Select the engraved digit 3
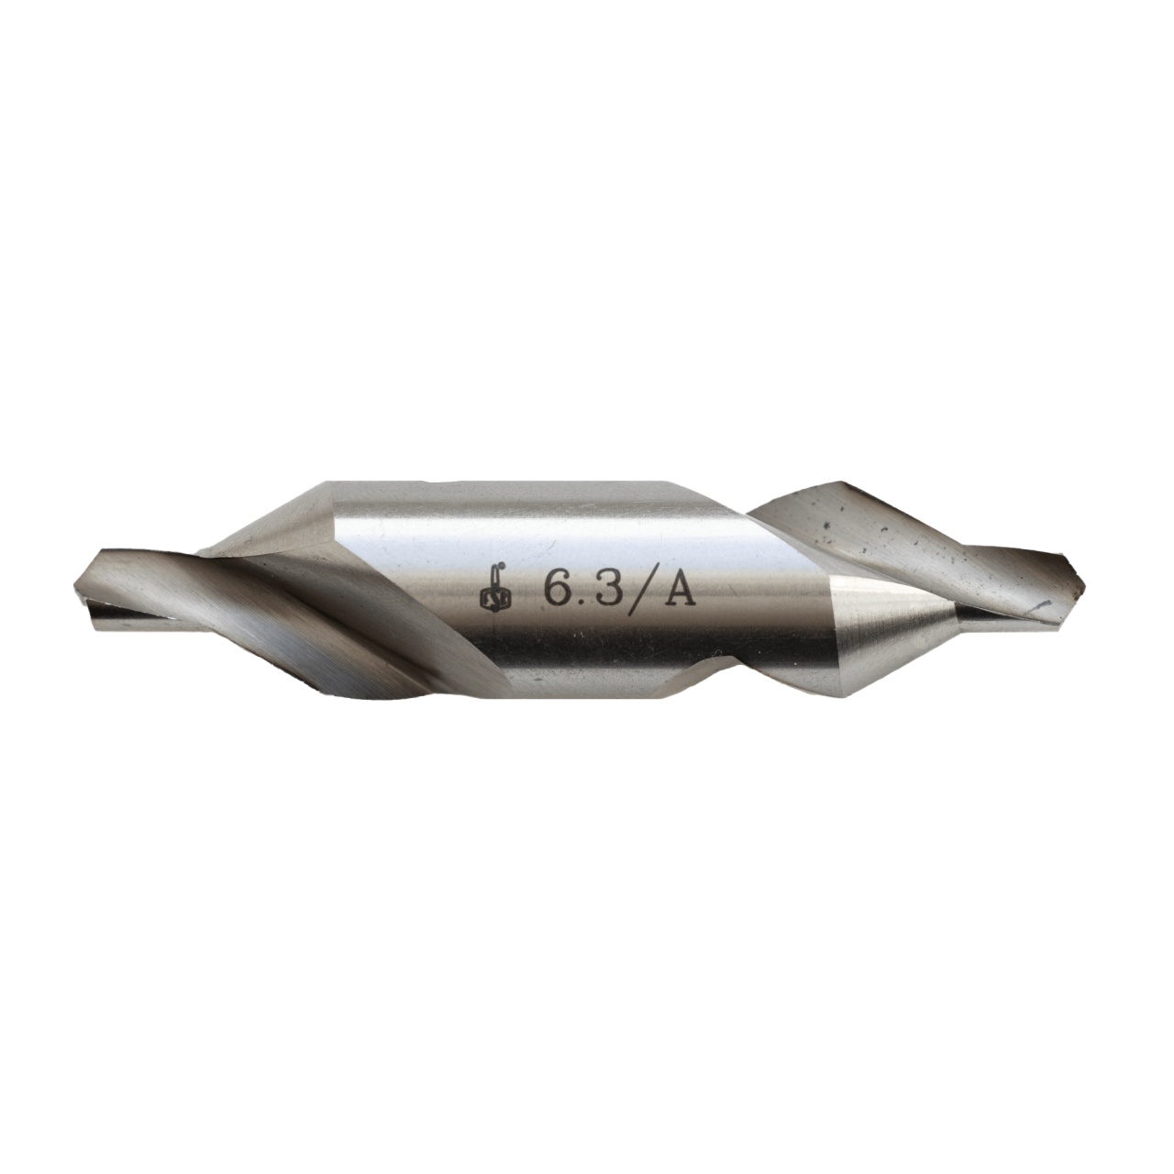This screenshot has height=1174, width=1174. [600, 588]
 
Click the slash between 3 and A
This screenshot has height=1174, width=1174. [634, 590]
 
